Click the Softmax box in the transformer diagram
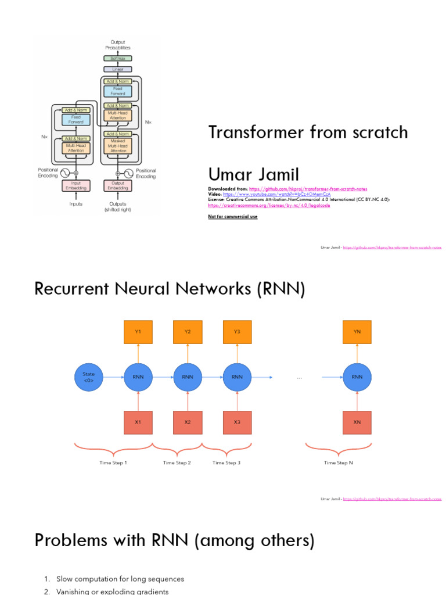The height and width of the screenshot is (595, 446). click(x=118, y=59)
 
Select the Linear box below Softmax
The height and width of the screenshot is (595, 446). click(x=118, y=69)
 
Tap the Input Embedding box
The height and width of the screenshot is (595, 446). click(x=76, y=185)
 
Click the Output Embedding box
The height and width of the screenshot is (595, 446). click(x=118, y=185)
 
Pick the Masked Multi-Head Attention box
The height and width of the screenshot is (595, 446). click(x=118, y=146)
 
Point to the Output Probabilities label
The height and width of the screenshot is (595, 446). click(x=118, y=45)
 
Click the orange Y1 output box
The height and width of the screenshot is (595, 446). click(x=138, y=332)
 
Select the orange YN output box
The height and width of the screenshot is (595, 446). click(x=357, y=332)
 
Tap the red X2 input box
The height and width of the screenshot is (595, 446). click(x=188, y=422)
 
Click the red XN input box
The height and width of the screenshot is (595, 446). click(x=357, y=422)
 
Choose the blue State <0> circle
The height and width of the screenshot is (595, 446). click(x=88, y=377)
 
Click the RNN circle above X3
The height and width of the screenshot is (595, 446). click(x=237, y=377)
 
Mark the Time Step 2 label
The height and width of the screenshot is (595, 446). click(x=177, y=463)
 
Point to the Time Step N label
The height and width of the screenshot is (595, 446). click(x=338, y=463)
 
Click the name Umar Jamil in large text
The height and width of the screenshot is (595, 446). click(x=254, y=174)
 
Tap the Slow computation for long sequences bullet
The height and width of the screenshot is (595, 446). click(x=120, y=579)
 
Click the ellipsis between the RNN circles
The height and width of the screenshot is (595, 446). click(x=300, y=377)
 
